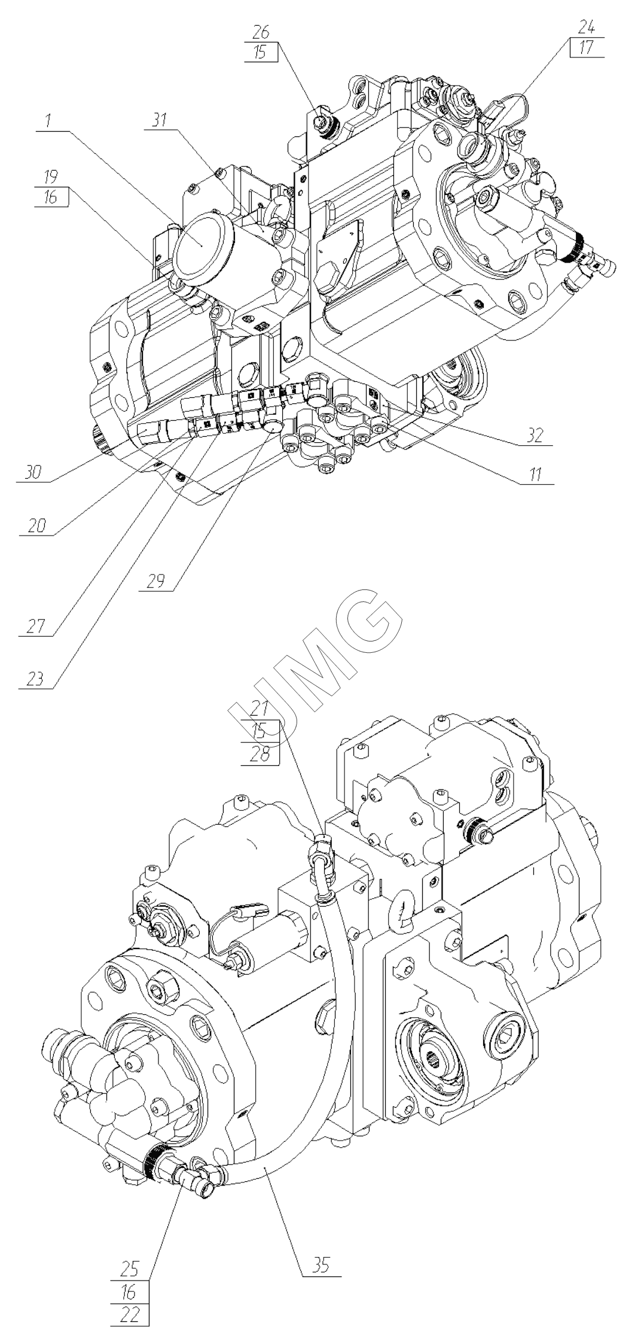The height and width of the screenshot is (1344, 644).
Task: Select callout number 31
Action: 159,121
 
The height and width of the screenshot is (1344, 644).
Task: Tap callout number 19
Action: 50,178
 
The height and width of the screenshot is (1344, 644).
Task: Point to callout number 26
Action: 261,32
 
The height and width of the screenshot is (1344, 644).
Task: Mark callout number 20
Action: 36,526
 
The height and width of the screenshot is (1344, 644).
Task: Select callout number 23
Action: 35,679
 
